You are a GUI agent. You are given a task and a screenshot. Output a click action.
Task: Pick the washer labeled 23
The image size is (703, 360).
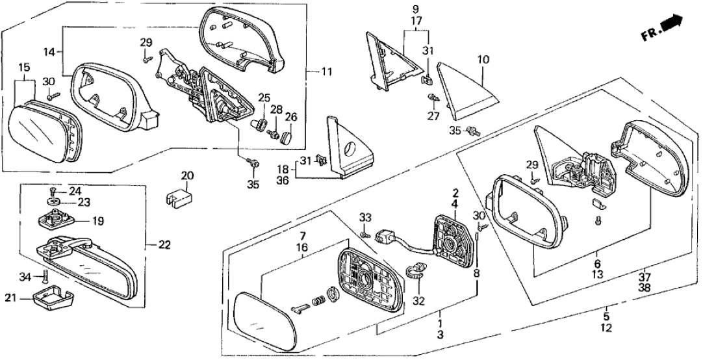(55, 203)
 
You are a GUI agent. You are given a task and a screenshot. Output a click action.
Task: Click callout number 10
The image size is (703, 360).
(483, 60)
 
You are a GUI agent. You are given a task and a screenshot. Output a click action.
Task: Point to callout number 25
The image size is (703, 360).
(262, 97)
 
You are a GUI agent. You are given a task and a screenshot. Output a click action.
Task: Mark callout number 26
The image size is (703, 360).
(290, 118)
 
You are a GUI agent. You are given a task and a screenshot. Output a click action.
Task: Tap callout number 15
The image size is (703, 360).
(23, 68)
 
